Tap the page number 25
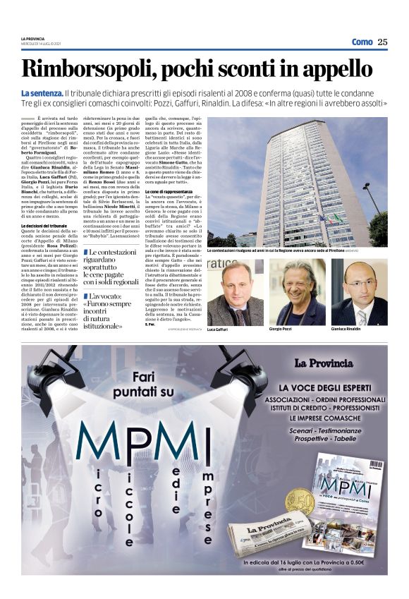382,42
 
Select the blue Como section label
362,42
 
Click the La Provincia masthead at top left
32,38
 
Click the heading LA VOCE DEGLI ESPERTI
331,388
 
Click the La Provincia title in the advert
323,363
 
